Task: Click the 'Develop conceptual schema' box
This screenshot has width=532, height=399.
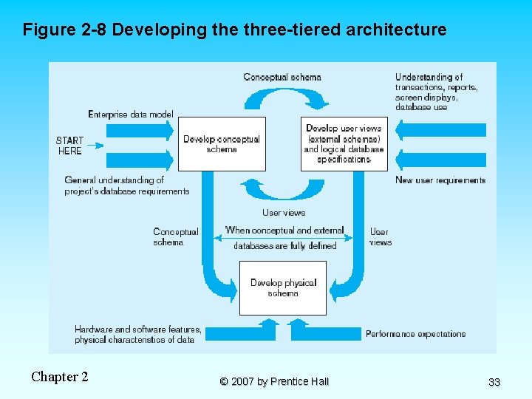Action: pos(222,143)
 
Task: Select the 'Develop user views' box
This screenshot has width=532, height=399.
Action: pos(344,143)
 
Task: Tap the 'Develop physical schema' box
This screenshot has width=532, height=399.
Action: pos(283,287)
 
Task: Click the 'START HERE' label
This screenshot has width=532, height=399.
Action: pos(69,146)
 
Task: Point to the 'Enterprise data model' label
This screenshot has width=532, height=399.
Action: pos(131,114)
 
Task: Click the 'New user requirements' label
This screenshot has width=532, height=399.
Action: pos(440,180)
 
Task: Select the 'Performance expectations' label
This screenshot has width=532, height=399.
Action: pos(415,334)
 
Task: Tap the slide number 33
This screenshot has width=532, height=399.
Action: pos(494,382)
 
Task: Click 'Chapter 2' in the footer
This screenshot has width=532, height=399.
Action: pos(60,377)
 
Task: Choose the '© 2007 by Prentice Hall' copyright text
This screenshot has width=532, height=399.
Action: pos(274,382)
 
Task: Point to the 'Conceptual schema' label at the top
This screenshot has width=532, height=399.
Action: pos(282,78)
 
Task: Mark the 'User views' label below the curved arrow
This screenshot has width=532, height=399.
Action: pos(284,213)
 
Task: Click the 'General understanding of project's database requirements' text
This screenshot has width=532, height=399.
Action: pos(126,185)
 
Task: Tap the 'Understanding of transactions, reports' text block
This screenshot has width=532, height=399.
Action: pos(436,92)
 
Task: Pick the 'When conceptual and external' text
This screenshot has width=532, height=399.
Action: pos(284,231)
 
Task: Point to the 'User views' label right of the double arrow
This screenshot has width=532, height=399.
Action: pos(380,236)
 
